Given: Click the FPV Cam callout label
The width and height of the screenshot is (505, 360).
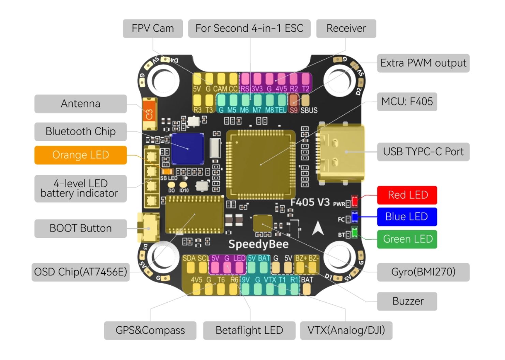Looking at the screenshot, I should (152, 28).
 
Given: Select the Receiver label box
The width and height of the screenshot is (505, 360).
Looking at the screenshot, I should (346, 28).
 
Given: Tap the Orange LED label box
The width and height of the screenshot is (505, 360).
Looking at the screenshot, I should (80, 155).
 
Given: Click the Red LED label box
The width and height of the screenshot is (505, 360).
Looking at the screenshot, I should (407, 195).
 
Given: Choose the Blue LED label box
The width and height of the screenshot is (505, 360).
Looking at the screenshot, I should (406, 217).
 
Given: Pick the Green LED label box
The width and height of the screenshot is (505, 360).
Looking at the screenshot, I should (407, 239).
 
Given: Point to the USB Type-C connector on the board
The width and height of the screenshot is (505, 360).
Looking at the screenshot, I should (341, 152).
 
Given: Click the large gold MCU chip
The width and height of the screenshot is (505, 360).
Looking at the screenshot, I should (261, 164).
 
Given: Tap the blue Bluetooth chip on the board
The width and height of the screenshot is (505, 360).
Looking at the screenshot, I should (187, 149).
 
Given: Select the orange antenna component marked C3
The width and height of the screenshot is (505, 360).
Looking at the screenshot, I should (150, 114).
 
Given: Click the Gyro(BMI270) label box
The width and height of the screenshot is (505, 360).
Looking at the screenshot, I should (423, 272).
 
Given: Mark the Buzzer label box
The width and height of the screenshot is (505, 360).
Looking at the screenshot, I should (407, 301).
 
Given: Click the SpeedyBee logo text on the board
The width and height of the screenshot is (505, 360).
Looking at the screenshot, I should (258, 244).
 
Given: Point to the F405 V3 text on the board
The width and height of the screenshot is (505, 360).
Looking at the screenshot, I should (310, 202).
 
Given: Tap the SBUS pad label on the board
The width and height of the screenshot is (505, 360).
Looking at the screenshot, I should (309, 110).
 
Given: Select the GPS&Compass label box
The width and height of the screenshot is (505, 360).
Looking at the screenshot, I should (150, 330).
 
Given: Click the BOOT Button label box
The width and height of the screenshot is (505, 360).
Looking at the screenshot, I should (80, 228).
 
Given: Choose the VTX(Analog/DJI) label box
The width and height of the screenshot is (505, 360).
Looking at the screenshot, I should (346, 330).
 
